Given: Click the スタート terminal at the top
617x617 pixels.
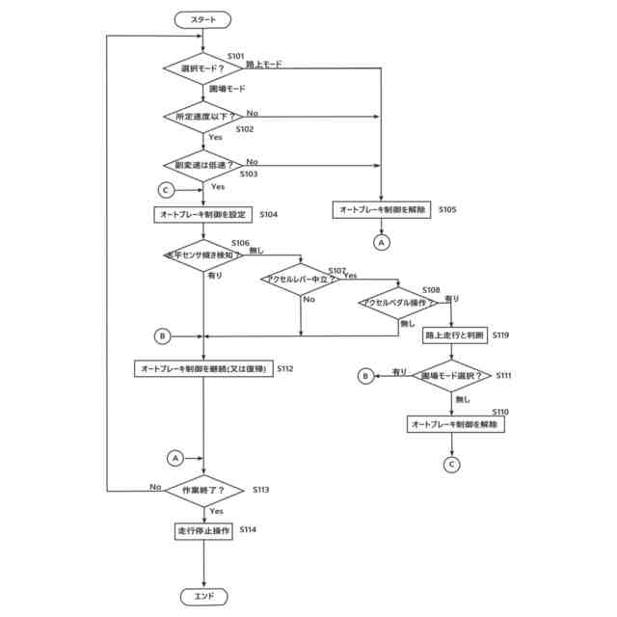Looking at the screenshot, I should coord(203,18).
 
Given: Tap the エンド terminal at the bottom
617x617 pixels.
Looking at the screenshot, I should coord(203,597).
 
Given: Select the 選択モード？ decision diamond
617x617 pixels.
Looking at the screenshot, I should coord(203,68).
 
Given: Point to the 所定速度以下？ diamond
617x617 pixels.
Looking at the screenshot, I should coord(203,117).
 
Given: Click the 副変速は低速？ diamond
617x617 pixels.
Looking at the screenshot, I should coord(203,165).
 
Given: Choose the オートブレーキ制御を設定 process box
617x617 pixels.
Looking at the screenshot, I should coord(203,214).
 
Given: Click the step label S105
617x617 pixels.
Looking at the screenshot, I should coord(448,208).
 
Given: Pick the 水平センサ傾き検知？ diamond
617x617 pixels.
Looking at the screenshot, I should coord(203,255).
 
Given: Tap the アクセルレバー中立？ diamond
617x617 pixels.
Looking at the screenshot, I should coord(301,280).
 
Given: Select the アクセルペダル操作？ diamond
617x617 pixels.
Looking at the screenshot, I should coord(398,303).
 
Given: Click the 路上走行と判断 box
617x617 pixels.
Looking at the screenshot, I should coord(452,335).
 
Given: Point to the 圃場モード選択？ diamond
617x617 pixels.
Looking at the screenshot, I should coord(452,375).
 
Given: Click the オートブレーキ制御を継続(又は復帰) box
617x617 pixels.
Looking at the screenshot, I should coord(203,368).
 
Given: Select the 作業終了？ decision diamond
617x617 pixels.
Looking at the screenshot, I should coord(203,491).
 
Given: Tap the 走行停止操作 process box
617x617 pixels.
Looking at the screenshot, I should coord(203,530).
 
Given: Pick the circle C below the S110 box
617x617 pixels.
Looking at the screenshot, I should coord(452,464).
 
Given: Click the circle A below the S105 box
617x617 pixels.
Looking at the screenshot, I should coord(382,243).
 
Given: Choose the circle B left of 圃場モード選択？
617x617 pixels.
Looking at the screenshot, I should coord(365,375).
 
